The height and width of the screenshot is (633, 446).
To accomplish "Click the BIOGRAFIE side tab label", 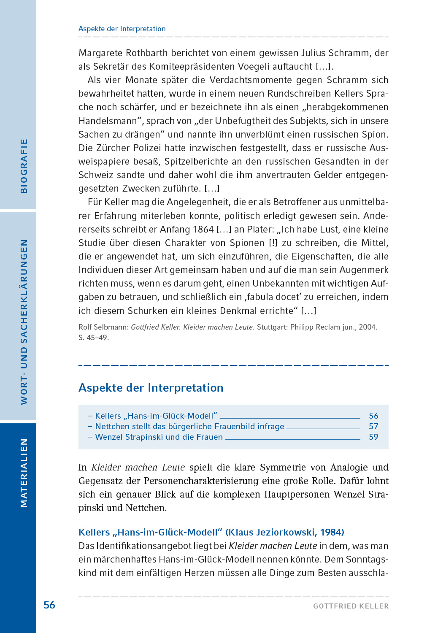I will click(24, 166).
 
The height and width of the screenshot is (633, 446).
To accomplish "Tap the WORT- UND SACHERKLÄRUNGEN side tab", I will click(24, 322).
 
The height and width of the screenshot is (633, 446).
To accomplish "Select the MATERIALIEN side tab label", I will click(24, 473).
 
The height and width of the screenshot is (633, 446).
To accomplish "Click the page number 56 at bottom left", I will click(49, 605).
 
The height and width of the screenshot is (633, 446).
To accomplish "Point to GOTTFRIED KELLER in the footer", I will click(351, 606).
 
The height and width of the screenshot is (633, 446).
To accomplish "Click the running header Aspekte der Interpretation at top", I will click(122, 29).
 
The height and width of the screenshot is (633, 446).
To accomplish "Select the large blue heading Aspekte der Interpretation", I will click(151, 388).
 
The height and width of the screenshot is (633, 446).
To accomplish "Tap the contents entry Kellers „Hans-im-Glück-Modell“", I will click(156, 416).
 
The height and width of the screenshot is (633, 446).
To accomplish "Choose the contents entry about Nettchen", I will click(189, 426).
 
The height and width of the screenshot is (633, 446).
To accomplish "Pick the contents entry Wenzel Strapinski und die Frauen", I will click(159, 437).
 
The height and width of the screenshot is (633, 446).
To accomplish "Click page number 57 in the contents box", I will click(373, 426).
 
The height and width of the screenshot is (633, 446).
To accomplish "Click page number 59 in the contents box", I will click(373, 437).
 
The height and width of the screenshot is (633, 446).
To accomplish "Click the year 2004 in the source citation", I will click(367, 327).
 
